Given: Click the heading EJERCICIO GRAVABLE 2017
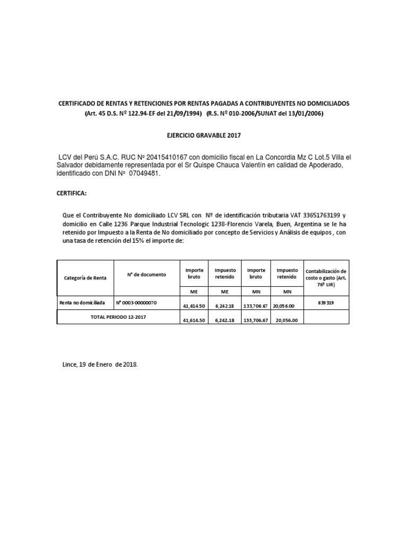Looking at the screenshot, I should click(204, 136).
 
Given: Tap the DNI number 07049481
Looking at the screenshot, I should click(144, 174).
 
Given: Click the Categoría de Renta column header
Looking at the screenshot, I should click(85, 278).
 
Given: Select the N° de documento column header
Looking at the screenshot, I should click(146, 275).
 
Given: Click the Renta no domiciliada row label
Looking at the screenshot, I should click(82, 303).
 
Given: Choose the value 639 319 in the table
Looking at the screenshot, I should click(326, 303).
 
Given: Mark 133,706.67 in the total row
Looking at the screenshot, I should click(256, 320).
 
